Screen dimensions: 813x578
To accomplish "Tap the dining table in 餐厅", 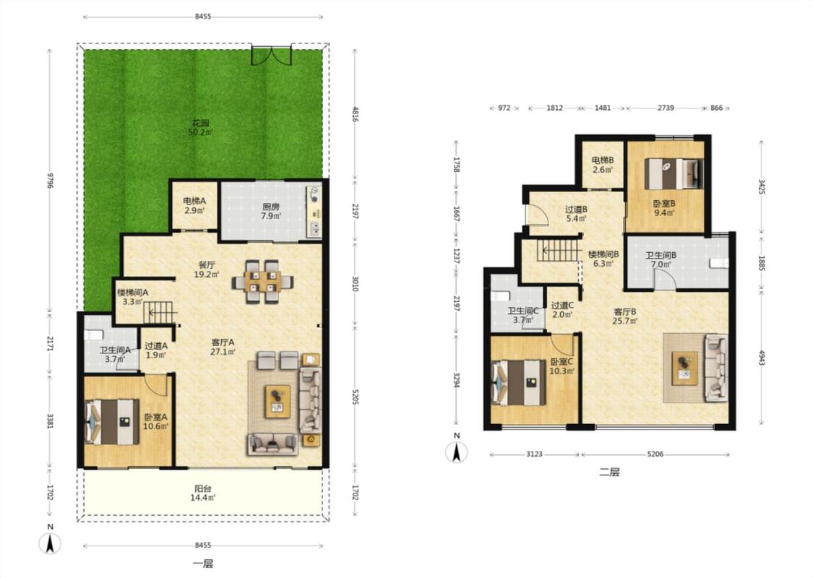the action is (x=263, y=282).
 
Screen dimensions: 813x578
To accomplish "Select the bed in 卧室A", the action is (x=112, y=421).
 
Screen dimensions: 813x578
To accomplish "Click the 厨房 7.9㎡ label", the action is (x=271, y=211).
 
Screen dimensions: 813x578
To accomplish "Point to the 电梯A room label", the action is (x=194, y=201).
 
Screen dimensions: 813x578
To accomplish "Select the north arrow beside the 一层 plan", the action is (x=50, y=541).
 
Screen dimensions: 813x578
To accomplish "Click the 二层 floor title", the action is (x=609, y=473).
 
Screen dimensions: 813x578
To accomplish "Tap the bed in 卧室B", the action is (x=674, y=173).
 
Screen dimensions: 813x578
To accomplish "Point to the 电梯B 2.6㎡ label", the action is (x=603, y=165).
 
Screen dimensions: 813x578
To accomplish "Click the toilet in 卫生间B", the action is (x=718, y=263).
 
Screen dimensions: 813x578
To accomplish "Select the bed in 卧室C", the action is (x=518, y=383).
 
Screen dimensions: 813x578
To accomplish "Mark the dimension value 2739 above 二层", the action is (x=666, y=108).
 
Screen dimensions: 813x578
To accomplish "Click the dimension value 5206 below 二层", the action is (x=655, y=454).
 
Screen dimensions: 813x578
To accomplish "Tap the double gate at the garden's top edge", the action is (x=271, y=55).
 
